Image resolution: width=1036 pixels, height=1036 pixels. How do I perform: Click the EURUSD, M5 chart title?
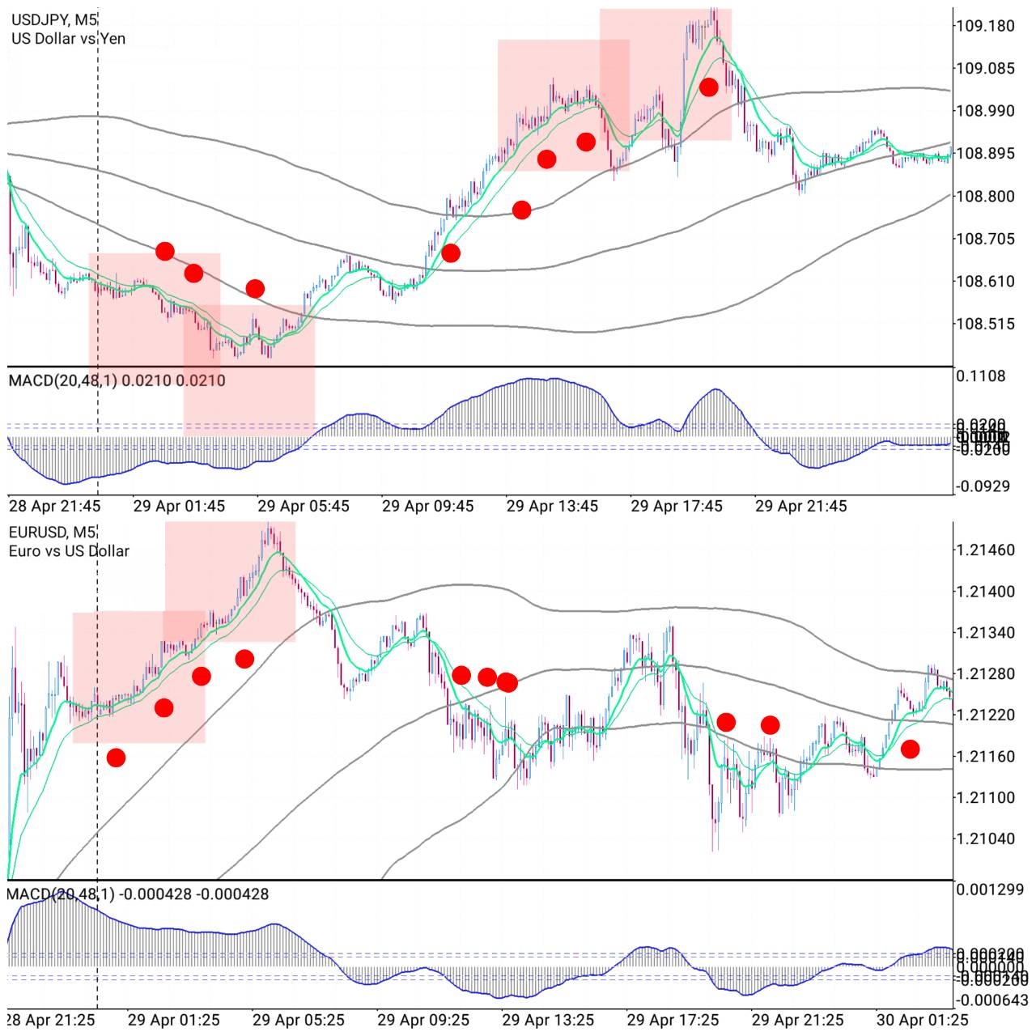[53, 533]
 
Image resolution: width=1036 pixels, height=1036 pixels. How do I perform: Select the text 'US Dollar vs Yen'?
[68, 38]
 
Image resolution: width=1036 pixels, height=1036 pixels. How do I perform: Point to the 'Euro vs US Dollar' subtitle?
[69, 551]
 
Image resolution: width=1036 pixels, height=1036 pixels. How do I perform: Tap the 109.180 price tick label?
[985, 26]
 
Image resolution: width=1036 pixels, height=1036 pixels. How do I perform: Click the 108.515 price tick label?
[985, 324]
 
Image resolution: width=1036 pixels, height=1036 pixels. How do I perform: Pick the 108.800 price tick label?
[985, 196]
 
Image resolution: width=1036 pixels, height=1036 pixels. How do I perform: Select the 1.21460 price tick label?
[985, 550]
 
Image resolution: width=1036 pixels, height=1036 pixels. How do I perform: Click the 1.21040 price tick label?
[985, 838]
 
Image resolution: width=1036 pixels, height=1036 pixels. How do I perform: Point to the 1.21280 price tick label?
[985, 673]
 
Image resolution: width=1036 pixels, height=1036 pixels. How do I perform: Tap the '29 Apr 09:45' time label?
[427, 506]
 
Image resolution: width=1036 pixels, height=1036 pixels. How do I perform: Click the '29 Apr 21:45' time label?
[800, 506]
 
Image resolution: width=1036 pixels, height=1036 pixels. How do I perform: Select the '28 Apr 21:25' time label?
[52, 1020]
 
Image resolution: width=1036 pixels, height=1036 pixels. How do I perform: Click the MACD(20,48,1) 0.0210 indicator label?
[117, 380]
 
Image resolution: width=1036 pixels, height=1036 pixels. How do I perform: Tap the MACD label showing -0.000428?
[138, 894]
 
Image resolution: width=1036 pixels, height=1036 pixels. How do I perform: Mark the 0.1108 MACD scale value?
[981, 376]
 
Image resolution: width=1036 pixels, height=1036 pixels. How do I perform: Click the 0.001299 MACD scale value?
[989, 890]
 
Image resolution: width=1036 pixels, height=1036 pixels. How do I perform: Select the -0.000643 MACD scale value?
[992, 1000]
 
